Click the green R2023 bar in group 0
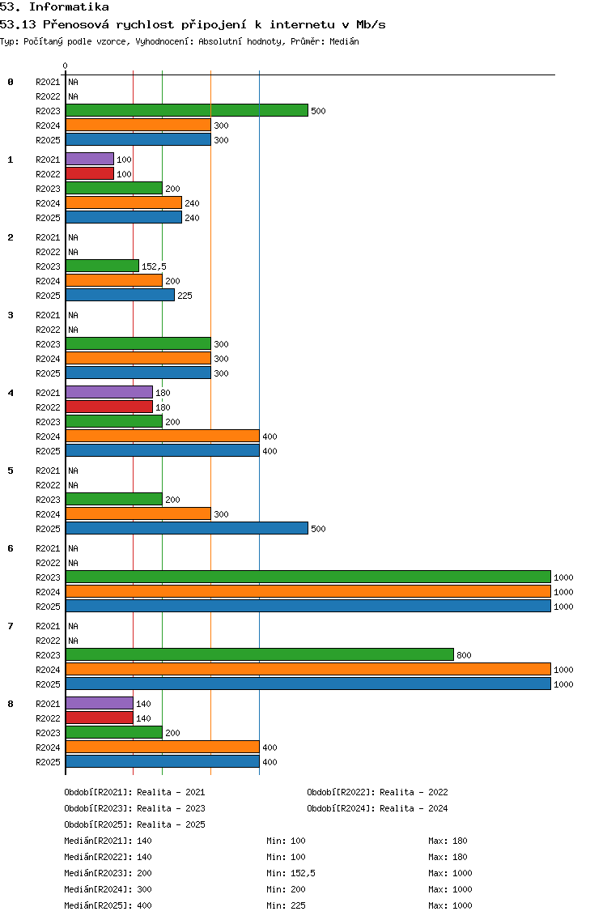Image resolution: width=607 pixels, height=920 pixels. (x=186, y=110)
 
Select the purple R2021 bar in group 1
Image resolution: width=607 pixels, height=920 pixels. (x=90, y=159)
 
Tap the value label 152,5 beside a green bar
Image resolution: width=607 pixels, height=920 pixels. (x=154, y=266)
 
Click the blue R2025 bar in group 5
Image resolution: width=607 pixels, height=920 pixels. (x=186, y=529)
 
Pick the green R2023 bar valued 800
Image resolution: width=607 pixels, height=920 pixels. (x=260, y=655)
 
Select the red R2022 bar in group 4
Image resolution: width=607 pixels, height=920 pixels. (x=109, y=407)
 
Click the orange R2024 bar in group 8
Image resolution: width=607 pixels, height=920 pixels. (x=163, y=747)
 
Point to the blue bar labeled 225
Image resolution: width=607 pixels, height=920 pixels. (x=121, y=295)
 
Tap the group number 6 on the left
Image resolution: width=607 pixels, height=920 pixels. (x=10, y=548)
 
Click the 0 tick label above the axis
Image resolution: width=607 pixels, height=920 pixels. (x=65, y=66)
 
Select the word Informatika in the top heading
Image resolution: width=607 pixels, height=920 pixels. (x=69, y=7)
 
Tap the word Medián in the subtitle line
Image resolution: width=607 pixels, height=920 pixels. (x=344, y=41)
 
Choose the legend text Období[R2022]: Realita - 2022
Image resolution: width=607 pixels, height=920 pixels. (x=377, y=792)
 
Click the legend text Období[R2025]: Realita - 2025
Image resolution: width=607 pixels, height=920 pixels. (x=134, y=824)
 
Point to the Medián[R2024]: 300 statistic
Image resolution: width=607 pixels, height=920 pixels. (x=108, y=889)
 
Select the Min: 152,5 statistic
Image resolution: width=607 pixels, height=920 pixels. (x=291, y=873)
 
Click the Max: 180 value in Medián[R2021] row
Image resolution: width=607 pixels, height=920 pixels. (x=448, y=841)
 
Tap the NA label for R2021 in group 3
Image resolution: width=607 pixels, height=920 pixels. (x=73, y=315)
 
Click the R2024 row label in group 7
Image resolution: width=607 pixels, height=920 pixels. (x=48, y=670)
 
